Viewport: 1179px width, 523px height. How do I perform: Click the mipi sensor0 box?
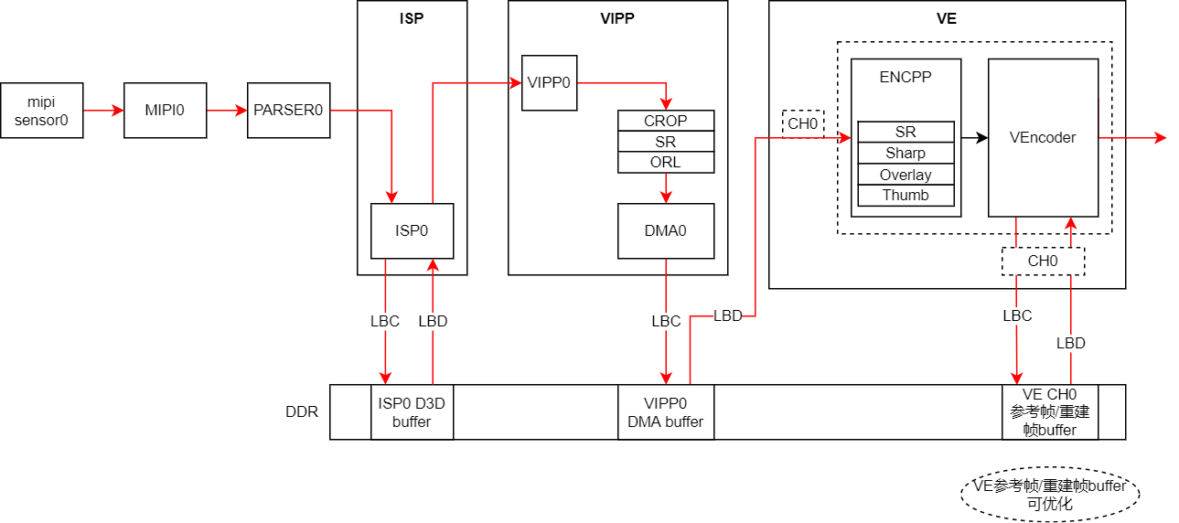pyautogui.click(x=41, y=111)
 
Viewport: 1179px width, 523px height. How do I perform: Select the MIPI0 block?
pyautogui.click(x=165, y=111)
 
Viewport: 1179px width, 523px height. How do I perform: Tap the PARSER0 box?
pyautogui.click(x=288, y=111)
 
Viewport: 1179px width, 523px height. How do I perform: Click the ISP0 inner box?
pyautogui.click(x=412, y=230)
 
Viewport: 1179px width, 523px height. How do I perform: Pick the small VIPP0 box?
pyautogui.click(x=549, y=82)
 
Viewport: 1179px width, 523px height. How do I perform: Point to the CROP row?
pyautogui.click(x=665, y=121)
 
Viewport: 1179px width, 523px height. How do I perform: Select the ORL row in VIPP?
pyautogui.click(x=665, y=163)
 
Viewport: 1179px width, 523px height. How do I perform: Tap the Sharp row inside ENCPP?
pyautogui.click(x=906, y=154)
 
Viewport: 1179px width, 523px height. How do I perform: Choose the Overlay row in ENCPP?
pyautogui.click(x=906, y=175)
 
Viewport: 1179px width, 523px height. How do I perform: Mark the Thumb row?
pyautogui.click(x=906, y=196)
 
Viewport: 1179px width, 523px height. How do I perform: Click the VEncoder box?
pyautogui.click(x=1043, y=137)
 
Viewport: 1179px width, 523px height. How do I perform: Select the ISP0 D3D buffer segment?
pyautogui.click(x=412, y=412)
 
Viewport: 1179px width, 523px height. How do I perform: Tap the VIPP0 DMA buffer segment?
pyautogui.click(x=665, y=412)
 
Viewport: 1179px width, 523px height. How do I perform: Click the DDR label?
pyautogui.click(x=302, y=412)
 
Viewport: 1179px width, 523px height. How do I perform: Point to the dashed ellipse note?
pyautogui.click(x=1049, y=495)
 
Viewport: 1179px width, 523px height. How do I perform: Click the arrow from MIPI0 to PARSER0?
pyautogui.click(x=226, y=111)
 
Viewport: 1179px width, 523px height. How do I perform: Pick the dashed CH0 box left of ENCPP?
pyautogui.click(x=803, y=123)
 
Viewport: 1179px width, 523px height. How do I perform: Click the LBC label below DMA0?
pyautogui.click(x=665, y=322)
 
